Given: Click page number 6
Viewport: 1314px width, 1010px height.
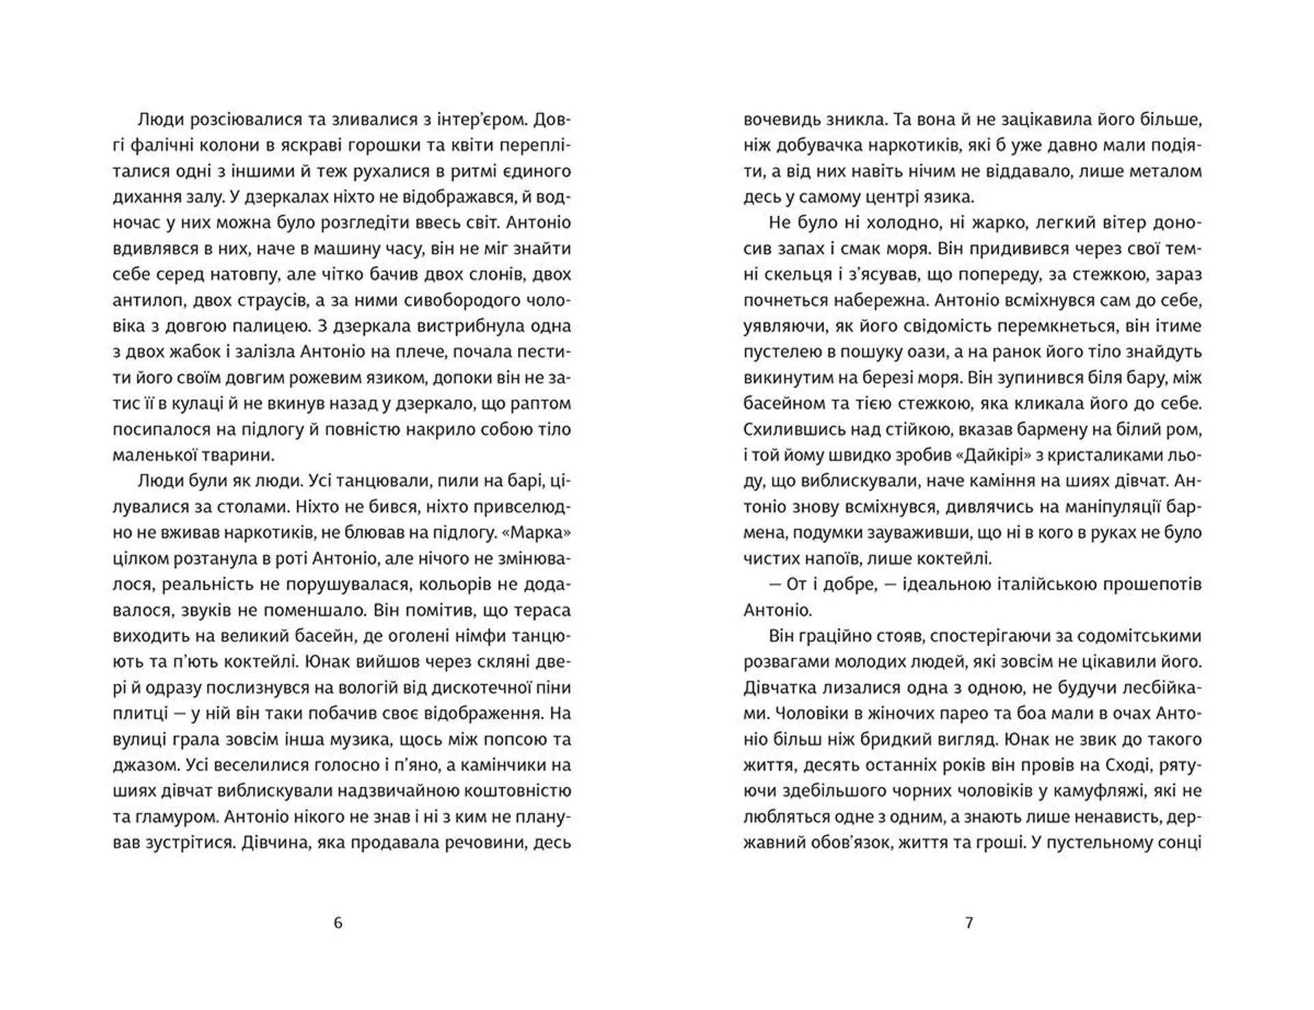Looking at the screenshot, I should pyautogui.click(x=337, y=923).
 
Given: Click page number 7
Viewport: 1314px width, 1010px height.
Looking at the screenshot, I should pyautogui.click(x=968, y=923).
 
